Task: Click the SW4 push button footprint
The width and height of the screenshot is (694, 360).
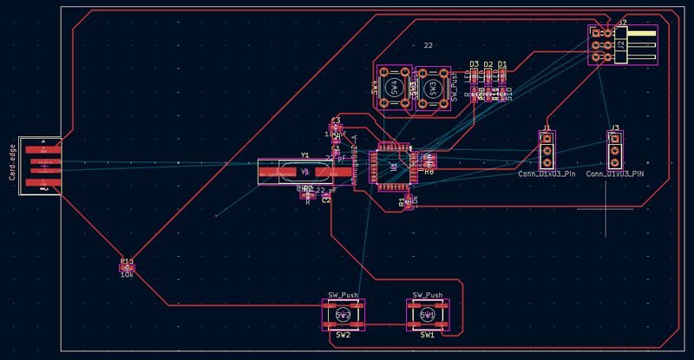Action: (x=395, y=88)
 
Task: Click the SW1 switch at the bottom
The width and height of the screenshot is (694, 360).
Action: (x=428, y=315)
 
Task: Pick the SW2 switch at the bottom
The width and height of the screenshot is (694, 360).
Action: (x=343, y=315)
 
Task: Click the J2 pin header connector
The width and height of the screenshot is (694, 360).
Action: (x=622, y=44)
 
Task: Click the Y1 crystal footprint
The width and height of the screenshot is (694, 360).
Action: (x=304, y=171)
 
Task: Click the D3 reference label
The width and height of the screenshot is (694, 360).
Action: (x=475, y=65)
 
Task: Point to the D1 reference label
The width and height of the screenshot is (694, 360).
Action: (x=502, y=65)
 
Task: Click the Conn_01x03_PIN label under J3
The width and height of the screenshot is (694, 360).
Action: (x=615, y=174)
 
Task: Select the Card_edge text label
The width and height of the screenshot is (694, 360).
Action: (x=13, y=163)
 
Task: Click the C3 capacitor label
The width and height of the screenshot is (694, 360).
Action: (x=336, y=119)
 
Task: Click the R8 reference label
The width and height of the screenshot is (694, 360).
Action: (x=429, y=172)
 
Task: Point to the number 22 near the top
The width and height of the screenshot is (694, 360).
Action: (x=428, y=45)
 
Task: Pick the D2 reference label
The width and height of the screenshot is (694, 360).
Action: (x=488, y=65)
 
